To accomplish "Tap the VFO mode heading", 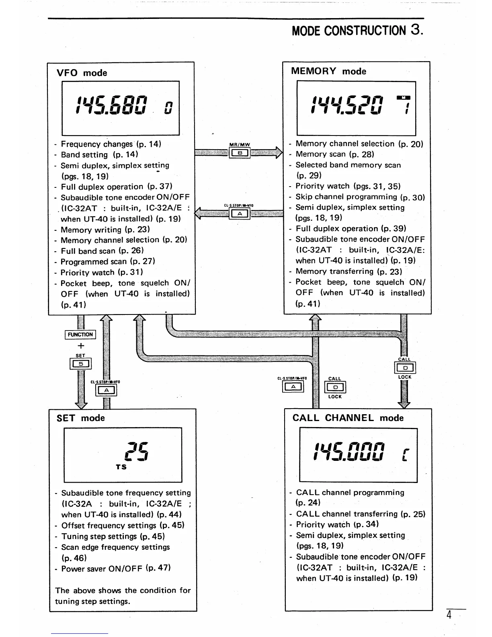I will pos(82,73).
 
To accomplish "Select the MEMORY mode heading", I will pos(328,71).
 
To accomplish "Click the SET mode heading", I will pos(80,418).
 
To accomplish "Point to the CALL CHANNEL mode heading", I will pos(348,418).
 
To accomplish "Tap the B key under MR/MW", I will pos(240,153).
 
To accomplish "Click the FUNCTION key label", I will pos(80,335).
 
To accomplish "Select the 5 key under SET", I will pos(80,364).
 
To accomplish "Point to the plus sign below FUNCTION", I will pos(81,345).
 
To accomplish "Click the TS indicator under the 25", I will pos(121,467).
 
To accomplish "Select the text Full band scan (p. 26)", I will pos(102,251).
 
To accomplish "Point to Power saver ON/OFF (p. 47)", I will pos(116,568).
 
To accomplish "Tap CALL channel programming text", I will pos(350,492).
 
